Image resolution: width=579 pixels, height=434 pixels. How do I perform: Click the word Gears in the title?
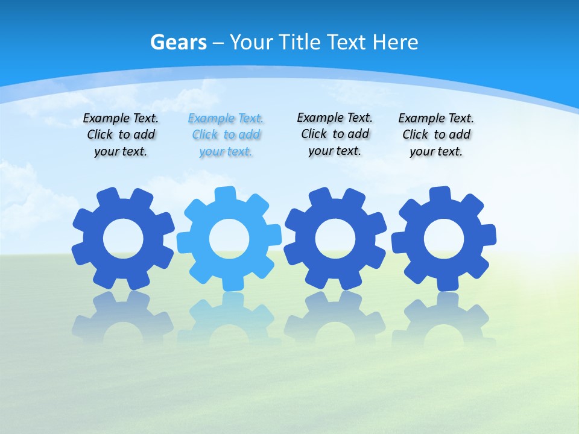pos(178,42)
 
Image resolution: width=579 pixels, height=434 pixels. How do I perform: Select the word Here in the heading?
pos(395,42)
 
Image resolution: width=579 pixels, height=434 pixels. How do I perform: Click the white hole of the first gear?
pos(123,239)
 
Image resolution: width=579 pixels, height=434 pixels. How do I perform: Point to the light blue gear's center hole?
pos(229,239)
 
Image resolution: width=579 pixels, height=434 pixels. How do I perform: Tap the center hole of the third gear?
pos(335,239)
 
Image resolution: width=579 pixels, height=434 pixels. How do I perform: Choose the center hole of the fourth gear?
pos(444,239)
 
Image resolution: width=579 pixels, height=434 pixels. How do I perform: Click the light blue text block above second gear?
pos(226,135)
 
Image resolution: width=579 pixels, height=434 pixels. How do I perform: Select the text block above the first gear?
pos(121,135)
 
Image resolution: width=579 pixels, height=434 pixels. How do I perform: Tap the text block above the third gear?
pos(335,134)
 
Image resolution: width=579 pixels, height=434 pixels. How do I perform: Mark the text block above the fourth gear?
pos(436,135)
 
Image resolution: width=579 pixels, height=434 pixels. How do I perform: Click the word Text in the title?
pos(348,42)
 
